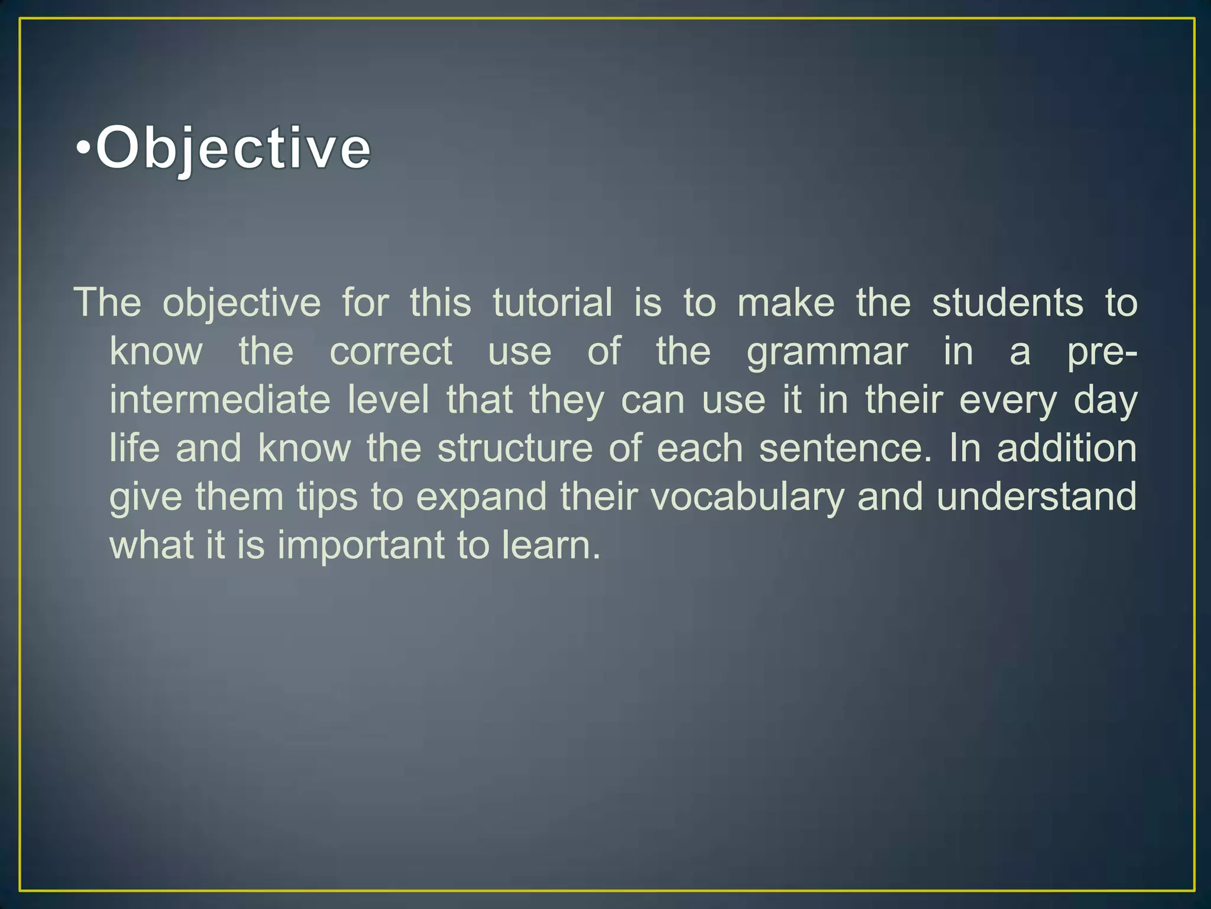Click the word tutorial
552,303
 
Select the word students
1008,303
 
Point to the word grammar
827,353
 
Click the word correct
391,352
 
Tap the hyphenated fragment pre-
1102,353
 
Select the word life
135,448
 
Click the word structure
514,448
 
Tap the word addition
1067,448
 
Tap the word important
361,546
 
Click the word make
786,303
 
